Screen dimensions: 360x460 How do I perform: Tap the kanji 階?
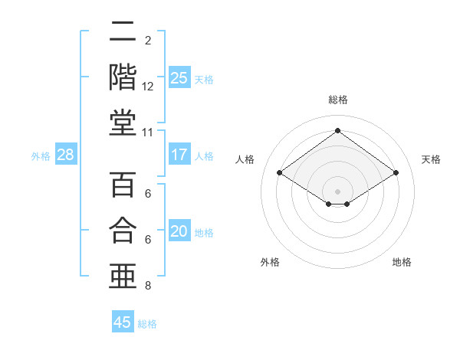point(123,77)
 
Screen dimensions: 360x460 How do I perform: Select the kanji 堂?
point(123,123)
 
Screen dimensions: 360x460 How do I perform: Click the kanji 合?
point(123,230)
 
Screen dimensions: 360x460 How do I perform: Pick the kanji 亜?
point(123,275)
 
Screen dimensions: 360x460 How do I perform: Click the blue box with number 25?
point(179,77)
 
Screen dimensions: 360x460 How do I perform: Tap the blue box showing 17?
point(179,155)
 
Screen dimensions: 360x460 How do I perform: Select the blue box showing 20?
point(179,231)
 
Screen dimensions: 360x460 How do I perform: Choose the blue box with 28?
point(66,155)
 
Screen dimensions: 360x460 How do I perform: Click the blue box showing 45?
point(123,322)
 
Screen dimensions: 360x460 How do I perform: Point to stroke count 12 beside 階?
point(148,87)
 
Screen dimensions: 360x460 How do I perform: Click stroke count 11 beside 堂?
point(148,133)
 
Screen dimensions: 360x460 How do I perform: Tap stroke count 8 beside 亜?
point(148,286)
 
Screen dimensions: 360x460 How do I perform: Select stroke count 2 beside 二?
point(148,40)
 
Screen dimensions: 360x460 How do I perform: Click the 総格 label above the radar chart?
point(337,100)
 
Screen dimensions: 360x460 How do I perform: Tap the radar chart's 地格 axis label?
point(402,262)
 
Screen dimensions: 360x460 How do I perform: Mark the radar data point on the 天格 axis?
point(396,173)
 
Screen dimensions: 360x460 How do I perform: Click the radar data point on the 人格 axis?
point(280,173)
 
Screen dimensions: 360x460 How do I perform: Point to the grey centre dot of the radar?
point(337,190)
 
